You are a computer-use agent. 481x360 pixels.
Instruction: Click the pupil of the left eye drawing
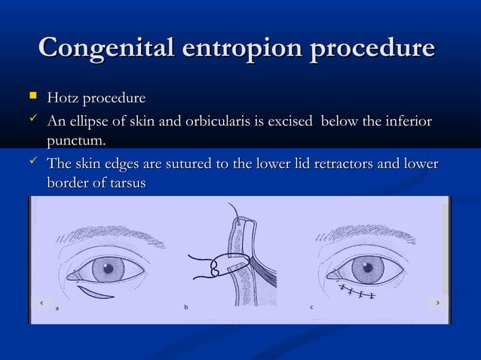[x=108, y=268]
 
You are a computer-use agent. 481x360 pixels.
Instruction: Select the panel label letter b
[x=186, y=307]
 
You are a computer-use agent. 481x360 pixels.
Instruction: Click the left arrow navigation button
[x=42, y=302]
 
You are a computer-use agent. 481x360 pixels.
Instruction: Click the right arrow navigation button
[x=438, y=302]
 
